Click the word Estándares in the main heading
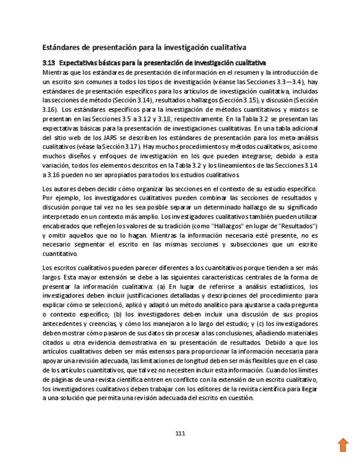(62, 48)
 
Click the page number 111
(180, 433)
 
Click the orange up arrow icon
(343, 445)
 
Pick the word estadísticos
(286, 287)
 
